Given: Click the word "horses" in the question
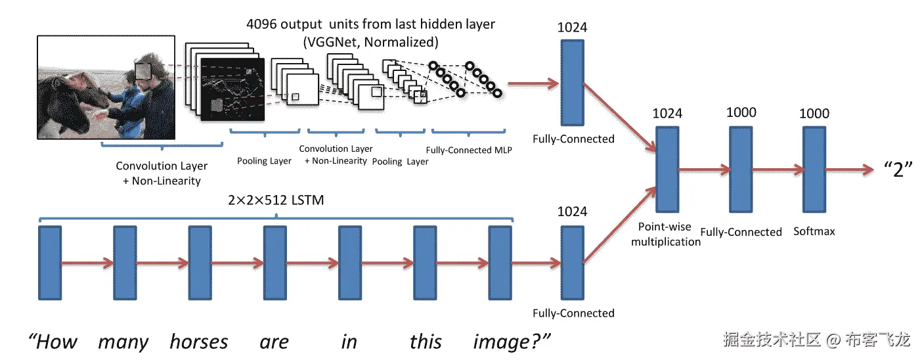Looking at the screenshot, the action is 199,342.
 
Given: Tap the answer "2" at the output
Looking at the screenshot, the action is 898,169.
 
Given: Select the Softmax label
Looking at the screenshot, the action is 814,231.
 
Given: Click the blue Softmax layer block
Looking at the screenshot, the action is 814,169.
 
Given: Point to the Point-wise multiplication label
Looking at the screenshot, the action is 666,234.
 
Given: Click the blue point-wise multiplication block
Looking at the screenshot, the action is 667,169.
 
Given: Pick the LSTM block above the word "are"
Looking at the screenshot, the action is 275,263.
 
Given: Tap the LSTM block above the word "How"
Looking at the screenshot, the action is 50,263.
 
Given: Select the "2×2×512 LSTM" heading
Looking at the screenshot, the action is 276,200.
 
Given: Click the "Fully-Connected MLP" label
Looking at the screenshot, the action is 469,150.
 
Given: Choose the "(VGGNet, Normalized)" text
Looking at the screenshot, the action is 370,42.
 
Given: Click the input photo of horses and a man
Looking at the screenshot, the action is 106,87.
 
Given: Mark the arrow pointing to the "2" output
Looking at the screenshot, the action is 850,169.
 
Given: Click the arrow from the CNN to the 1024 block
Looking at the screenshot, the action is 533,84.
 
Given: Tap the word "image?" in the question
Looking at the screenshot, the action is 512,342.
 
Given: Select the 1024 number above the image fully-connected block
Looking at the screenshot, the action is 572,27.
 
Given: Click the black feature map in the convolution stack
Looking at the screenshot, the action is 232,89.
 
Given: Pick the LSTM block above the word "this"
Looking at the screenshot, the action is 425,263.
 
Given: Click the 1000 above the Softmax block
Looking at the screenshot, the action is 814,113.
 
